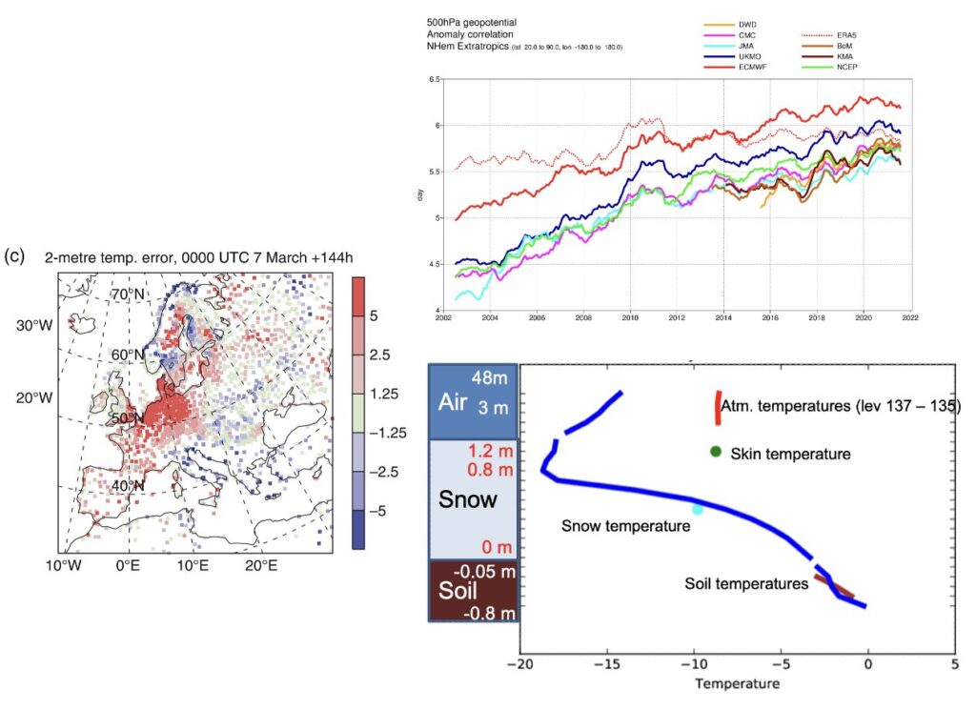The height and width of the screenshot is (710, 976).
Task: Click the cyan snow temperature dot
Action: (698, 510)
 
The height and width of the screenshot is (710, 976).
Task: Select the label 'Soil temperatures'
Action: (747, 583)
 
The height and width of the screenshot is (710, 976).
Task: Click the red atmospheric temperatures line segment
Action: (718, 407)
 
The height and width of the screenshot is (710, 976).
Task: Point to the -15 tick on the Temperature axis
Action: (607, 661)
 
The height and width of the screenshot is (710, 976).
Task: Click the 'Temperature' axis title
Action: (738, 683)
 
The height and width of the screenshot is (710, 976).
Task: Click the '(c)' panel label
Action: (14, 255)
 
